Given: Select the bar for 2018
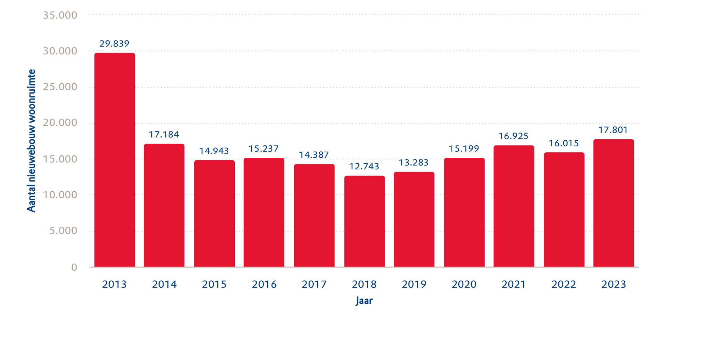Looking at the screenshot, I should point(364,221).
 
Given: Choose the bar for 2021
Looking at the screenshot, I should point(514,206).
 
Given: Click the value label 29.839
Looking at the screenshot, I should point(114,44).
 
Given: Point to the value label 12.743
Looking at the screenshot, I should point(364,166).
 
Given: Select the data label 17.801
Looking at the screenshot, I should point(613,130).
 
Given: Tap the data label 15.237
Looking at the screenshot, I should point(264,148).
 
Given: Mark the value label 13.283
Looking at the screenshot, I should point(414,162).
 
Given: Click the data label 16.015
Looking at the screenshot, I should point(564,143).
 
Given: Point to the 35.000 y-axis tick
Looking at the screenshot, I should point(60,15).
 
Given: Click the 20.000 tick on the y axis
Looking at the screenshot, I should point(60,123).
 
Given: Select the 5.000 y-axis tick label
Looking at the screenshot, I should point(63,231).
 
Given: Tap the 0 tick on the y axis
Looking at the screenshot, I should point(74,267).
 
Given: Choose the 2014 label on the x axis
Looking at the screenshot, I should point(164,284).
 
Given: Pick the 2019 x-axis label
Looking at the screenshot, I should point(414,284).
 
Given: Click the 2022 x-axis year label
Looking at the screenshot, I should point(564,284).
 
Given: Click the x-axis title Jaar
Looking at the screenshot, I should point(364,301).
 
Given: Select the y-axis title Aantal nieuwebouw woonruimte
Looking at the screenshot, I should point(32,141).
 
